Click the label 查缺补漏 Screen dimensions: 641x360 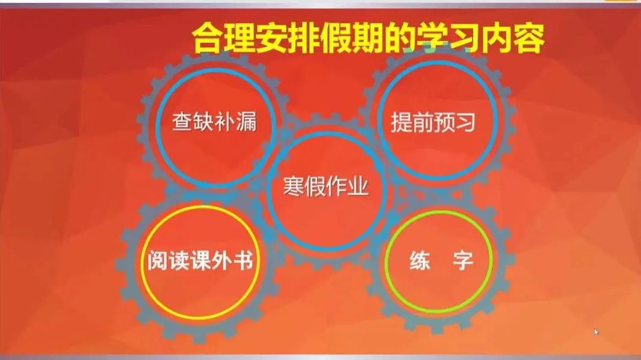tap(215, 122)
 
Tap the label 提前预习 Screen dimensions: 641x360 tap(433, 122)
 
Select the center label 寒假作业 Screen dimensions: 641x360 tap(326, 187)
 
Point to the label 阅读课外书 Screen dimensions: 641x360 tap(201, 260)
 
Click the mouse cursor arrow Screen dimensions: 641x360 tap(596, 332)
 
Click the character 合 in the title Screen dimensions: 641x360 tap(208, 39)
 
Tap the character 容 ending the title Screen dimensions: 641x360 tap(530, 38)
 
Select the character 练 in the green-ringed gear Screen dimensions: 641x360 tap(420, 261)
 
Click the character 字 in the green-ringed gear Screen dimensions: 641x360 tap(463, 261)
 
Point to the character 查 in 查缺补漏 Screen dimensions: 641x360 tap(182, 122)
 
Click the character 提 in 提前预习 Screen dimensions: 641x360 tap(401, 122)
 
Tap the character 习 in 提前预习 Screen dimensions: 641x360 tap(465, 122)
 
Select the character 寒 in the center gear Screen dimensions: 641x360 tap(293, 187)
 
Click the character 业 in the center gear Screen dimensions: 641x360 tap(358, 187)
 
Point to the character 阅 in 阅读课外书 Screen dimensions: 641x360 tap(158, 260)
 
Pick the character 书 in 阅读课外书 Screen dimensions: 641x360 tap(243, 260)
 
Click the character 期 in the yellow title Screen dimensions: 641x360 tap(369, 39)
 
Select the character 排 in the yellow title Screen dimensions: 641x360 tap(305, 39)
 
